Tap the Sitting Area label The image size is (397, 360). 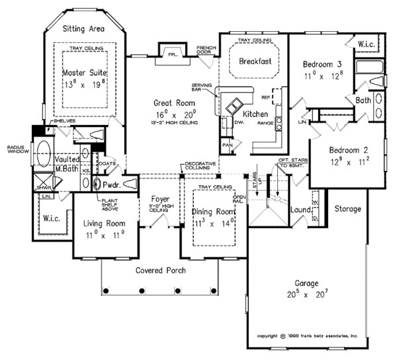pos(84,30)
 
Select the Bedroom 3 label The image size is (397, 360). pos(322,64)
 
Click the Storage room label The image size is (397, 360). pos(347,209)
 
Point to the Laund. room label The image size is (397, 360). pos(302,210)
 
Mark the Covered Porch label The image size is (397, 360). pos(161,271)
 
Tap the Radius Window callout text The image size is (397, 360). pos(15,150)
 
